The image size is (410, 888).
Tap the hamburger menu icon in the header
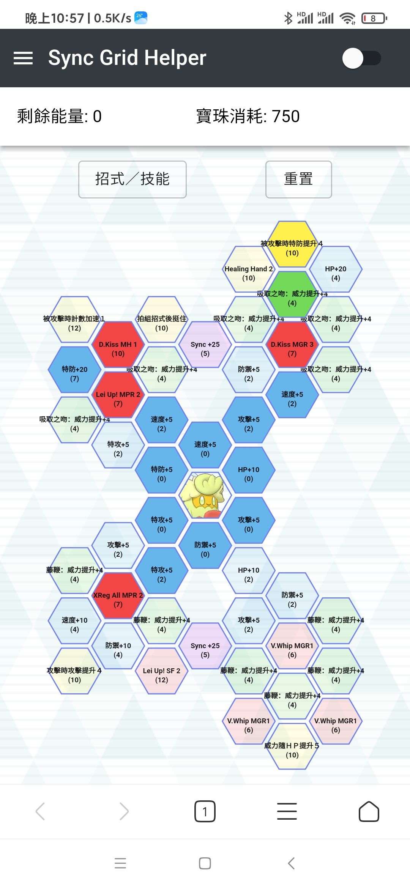[23, 58]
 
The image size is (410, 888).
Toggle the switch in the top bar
[361, 58]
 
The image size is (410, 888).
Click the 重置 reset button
[298, 179]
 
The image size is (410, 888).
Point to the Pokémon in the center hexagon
[205, 495]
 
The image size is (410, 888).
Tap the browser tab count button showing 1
[205, 811]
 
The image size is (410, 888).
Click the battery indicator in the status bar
[374, 18]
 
